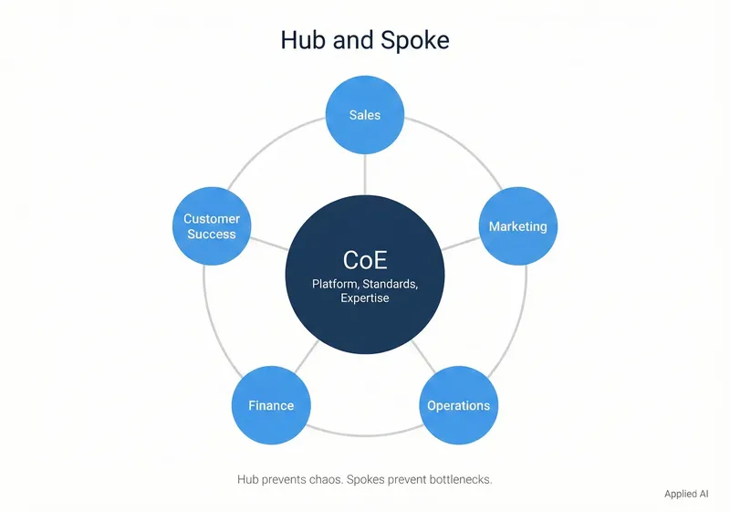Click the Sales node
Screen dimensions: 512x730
click(x=365, y=115)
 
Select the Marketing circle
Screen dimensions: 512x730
click(x=517, y=226)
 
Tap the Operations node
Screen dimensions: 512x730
click(x=458, y=405)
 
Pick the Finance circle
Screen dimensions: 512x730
click(x=271, y=405)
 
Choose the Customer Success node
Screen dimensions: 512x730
click(x=212, y=226)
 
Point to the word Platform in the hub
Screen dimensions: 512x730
click(x=335, y=285)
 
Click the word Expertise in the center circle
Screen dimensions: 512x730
click(x=365, y=298)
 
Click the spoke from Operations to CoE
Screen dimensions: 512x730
click(x=422, y=357)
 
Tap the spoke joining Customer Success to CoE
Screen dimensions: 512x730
click(x=267, y=244)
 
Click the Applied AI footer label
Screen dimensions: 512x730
click(x=686, y=493)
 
